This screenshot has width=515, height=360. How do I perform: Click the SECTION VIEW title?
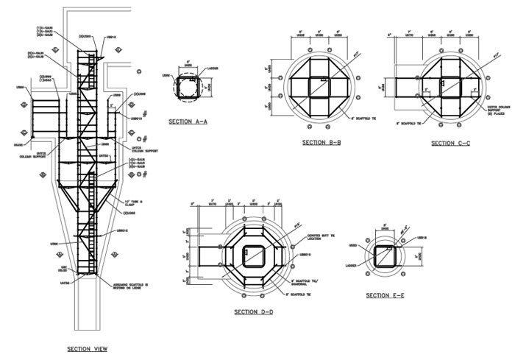click(87, 349)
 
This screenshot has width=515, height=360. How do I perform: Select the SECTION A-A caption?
click(187, 121)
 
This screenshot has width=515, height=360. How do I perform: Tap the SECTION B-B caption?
click(322, 142)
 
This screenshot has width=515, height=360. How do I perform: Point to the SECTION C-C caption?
click(452, 143)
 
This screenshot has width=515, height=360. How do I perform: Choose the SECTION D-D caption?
click(254, 312)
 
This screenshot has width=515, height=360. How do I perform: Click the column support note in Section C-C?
click(488, 108)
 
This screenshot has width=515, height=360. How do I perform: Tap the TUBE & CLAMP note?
click(136, 200)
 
